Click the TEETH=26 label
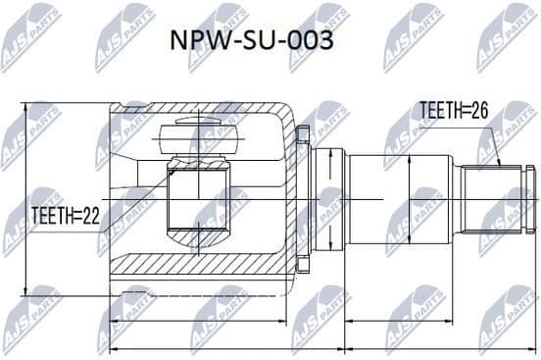456,110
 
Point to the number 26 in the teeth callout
479,110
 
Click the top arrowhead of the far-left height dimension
26,105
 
